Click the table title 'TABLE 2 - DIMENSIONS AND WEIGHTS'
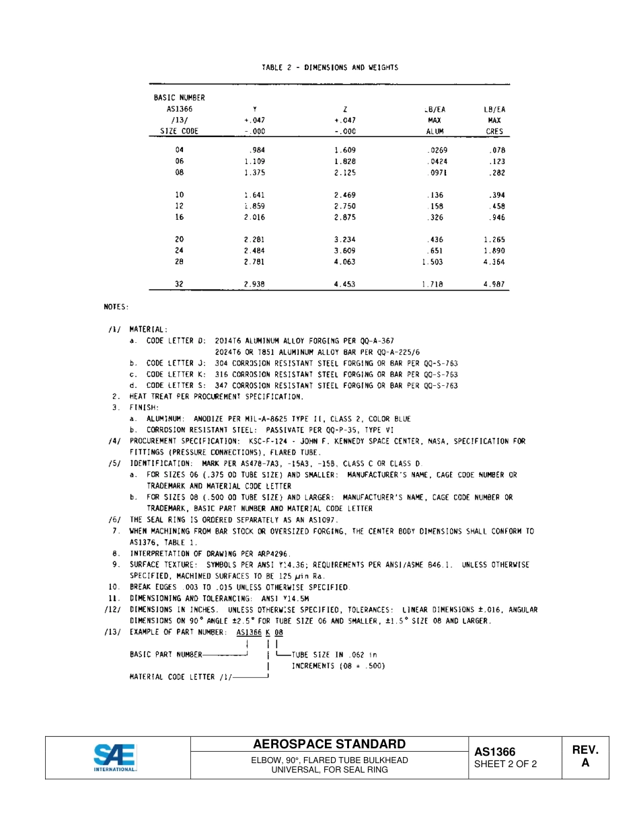(330, 67)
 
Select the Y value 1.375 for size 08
(255, 173)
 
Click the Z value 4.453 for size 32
(344, 284)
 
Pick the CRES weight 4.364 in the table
(494, 262)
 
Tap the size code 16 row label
(179, 218)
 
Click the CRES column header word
(494, 132)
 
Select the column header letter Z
(345, 109)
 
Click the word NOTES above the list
(116, 307)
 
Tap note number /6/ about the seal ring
(114, 520)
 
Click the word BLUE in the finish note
(402, 419)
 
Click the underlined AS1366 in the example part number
(249, 633)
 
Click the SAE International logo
(115, 757)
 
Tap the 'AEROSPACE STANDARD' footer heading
(329, 744)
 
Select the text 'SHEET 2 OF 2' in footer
(505, 764)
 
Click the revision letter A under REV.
(585, 764)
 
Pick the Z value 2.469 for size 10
(344, 195)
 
